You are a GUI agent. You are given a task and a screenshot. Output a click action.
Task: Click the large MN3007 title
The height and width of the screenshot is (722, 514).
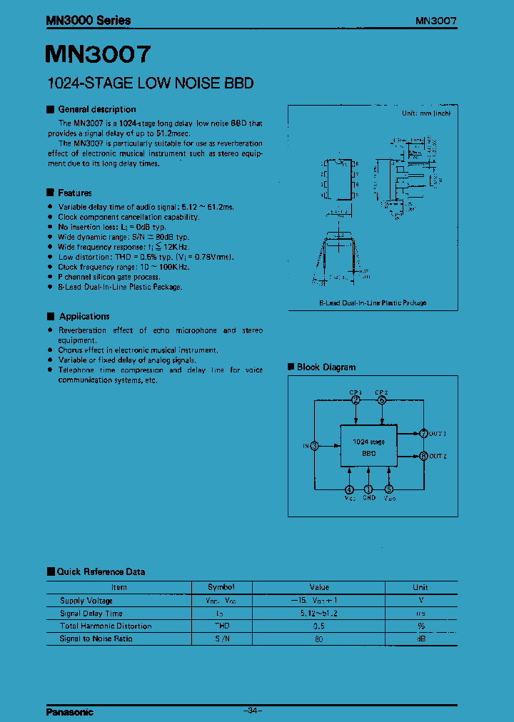pos(99,55)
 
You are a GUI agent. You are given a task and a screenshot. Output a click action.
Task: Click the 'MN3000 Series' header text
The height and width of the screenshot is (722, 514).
pos(89,21)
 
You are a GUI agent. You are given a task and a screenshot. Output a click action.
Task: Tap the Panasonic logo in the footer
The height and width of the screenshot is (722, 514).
pos(70,712)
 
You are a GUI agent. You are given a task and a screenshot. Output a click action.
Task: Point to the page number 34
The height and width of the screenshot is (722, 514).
pos(253,711)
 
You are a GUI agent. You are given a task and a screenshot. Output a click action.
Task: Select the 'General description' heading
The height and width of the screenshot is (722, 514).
pos(96,109)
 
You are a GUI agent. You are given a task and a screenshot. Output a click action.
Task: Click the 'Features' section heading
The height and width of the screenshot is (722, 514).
pos(74,193)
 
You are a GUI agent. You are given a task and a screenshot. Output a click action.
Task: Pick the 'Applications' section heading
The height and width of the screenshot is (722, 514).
pos(84,316)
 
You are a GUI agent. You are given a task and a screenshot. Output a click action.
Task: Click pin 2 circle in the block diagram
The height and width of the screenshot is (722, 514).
pos(356,400)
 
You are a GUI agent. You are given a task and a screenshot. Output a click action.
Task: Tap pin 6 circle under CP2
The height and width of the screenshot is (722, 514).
pos(382,400)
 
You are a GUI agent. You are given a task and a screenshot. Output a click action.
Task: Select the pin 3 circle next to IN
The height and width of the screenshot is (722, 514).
pos(315,446)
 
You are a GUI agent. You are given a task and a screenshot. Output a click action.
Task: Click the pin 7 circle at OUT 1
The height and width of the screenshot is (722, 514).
pos(423,433)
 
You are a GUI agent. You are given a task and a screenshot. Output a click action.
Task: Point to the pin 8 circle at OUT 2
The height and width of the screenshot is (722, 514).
pos(423,455)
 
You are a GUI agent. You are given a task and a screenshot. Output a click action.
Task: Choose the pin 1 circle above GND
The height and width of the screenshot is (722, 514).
pos(368,489)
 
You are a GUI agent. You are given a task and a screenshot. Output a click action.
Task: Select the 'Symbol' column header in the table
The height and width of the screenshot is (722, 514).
pos(221,587)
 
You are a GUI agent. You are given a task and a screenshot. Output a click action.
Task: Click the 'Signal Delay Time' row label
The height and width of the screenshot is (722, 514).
pos(91,614)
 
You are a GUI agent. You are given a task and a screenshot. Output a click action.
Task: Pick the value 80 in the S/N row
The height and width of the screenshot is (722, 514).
pos(318,639)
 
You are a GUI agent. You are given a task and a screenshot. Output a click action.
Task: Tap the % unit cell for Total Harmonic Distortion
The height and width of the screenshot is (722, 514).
pos(420,626)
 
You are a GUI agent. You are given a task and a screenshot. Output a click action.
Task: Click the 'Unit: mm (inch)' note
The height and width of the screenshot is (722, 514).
pos(425,113)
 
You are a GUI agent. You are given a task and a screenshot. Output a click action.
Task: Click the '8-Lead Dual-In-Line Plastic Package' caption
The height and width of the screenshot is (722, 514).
pos(373,302)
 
